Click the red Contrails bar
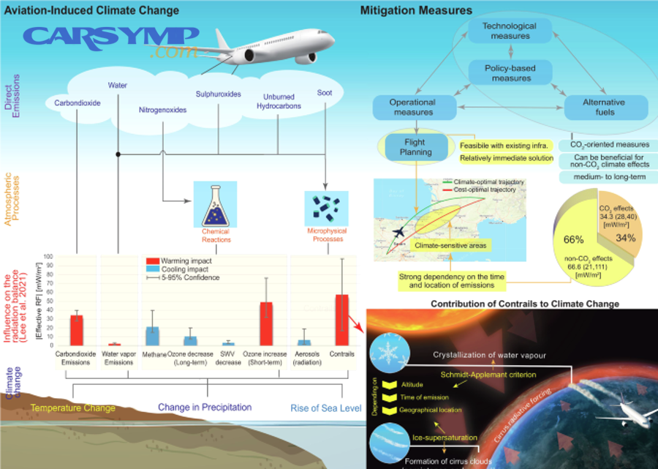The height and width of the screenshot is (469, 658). (x=341, y=320)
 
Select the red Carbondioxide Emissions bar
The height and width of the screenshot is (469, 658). (x=76, y=330)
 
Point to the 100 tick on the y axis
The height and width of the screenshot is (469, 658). (x=49, y=257)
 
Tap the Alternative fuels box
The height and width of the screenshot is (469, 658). (x=605, y=108)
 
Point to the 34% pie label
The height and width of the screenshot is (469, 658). (x=627, y=239)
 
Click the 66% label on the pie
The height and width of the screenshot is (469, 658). (x=572, y=239)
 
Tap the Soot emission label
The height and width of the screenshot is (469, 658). (x=324, y=93)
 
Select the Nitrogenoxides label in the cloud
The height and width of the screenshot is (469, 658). (x=162, y=110)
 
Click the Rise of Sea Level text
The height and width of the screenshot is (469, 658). (x=325, y=408)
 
